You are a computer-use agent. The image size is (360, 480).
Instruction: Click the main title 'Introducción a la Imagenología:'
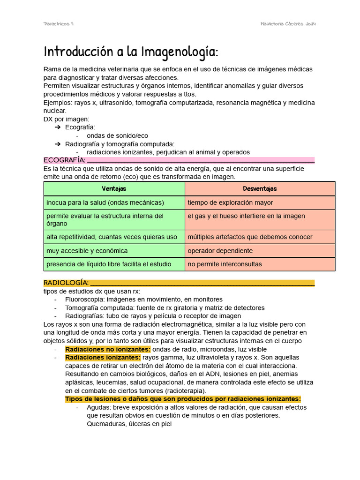(131, 51)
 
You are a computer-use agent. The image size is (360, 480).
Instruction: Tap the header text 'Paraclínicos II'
(59, 24)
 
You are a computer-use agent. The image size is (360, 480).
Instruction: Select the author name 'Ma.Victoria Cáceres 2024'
(288, 24)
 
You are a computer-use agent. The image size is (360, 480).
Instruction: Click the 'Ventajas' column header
(114, 188)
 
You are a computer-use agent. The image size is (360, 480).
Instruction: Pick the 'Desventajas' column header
(260, 188)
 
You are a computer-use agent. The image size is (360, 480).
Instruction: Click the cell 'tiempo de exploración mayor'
(230, 202)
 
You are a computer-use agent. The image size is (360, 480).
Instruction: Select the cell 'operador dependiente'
(220, 251)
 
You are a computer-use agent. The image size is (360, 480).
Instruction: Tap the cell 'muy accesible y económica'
(87, 251)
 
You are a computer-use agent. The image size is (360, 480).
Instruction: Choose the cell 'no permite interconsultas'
(225, 264)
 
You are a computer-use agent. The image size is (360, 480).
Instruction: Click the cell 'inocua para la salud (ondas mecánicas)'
(105, 202)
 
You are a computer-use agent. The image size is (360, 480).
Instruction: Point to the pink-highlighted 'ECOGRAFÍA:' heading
(64, 160)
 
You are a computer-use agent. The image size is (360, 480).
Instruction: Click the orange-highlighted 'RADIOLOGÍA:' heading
(66, 283)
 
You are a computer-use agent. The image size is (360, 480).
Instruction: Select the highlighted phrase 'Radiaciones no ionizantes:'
(108, 349)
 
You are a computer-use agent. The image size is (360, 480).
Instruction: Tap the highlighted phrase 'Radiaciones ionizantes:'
(103, 358)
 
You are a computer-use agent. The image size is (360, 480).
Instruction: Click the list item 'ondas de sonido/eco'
(117, 135)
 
